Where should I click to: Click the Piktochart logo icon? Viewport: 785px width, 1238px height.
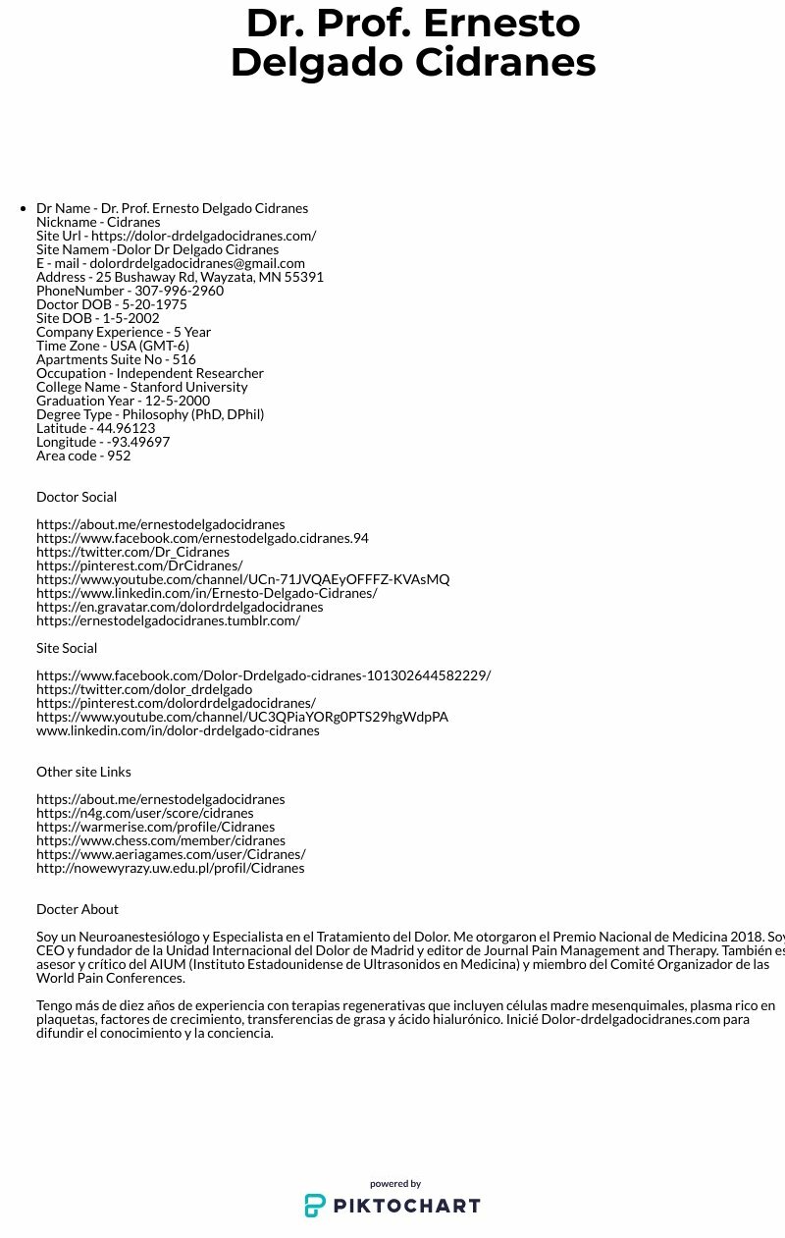click(315, 1206)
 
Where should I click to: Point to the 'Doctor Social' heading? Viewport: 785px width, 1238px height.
click(77, 497)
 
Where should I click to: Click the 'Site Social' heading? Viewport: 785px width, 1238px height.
click(67, 648)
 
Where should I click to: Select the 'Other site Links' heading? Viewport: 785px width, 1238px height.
click(83, 772)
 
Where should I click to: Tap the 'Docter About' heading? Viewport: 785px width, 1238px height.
click(78, 909)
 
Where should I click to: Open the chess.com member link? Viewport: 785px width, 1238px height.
click(161, 840)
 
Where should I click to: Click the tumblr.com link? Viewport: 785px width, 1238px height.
click(168, 620)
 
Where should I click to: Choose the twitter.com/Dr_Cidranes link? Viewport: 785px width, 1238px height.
click(132, 552)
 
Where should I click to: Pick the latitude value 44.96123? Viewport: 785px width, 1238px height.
click(125, 428)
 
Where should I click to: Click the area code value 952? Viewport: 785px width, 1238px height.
click(119, 456)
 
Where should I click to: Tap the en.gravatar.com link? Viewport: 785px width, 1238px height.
click(180, 607)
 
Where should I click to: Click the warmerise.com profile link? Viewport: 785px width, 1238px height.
click(155, 827)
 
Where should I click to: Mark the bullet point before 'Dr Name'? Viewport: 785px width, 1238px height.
click(23, 208)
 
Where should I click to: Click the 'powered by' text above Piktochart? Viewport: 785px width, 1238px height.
click(395, 1184)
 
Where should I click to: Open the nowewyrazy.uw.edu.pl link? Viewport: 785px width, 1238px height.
click(171, 868)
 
